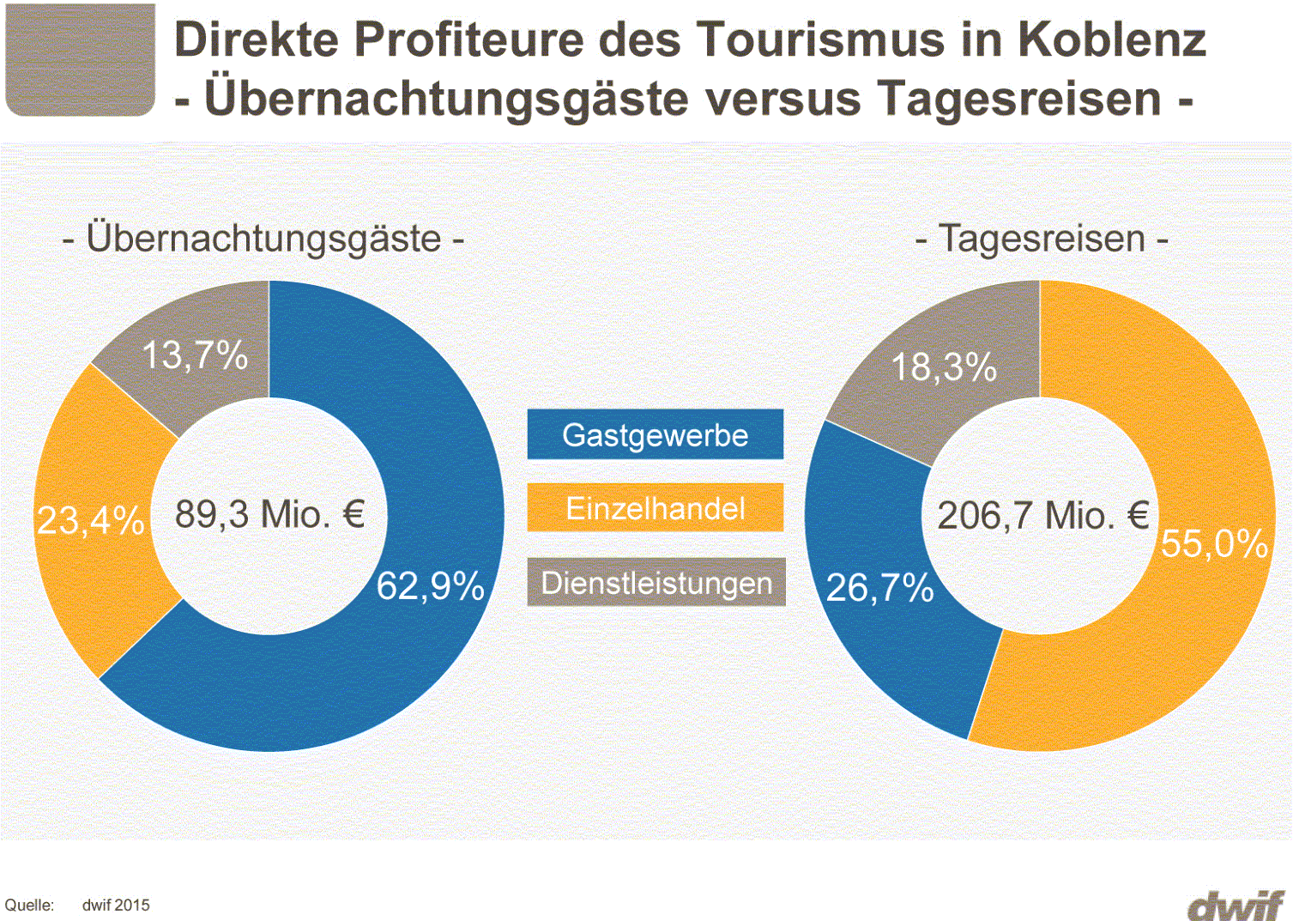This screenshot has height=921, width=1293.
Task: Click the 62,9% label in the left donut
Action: coord(430,586)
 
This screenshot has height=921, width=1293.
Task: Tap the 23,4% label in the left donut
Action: coord(90,520)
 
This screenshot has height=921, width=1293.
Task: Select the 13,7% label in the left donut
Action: coord(194,354)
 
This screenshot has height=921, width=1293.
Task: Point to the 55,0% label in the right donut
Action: coord(1214,543)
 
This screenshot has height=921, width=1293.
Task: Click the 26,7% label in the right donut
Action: coord(879,588)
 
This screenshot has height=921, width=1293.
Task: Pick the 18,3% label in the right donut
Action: coord(944,367)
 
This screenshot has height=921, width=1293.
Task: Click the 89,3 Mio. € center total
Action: coord(269,515)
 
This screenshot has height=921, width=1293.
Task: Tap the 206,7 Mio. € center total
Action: coord(1042,516)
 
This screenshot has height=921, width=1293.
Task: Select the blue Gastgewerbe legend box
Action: coord(655,435)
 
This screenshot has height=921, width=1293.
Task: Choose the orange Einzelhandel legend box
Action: coord(655,508)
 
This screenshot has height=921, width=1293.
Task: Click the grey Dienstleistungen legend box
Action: coord(656,583)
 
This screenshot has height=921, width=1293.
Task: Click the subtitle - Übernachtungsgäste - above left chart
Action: coord(263,238)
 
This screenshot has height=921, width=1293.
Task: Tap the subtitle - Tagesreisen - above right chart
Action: coord(1042,238)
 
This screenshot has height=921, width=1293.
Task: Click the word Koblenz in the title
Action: coord(1112,39)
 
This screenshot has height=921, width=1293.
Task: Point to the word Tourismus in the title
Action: coord(819,39)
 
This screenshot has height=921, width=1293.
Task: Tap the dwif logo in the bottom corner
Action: coord(1236,906)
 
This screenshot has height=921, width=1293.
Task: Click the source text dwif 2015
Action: coord(116,906)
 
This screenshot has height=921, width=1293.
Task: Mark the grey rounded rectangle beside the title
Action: coord(81,59)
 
